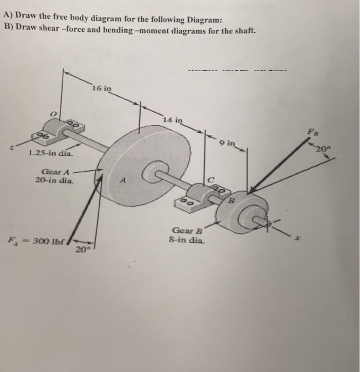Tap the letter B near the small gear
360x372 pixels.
click(232, 200)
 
